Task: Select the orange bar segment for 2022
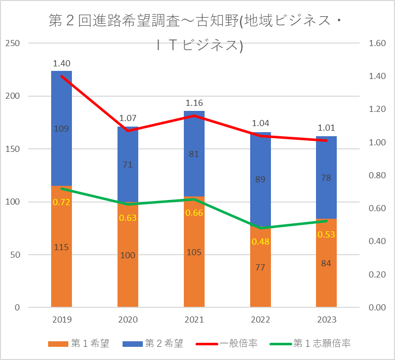[260, 284]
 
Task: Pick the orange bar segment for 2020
[128, 278]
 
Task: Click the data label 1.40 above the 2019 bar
[61, 64]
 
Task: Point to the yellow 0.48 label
[260, 242]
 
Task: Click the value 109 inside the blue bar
[61, 129]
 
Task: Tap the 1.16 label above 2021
[194, 103]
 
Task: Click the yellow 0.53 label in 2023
[326, 235]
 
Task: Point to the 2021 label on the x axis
[194, 320]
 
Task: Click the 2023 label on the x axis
[326, 320]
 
